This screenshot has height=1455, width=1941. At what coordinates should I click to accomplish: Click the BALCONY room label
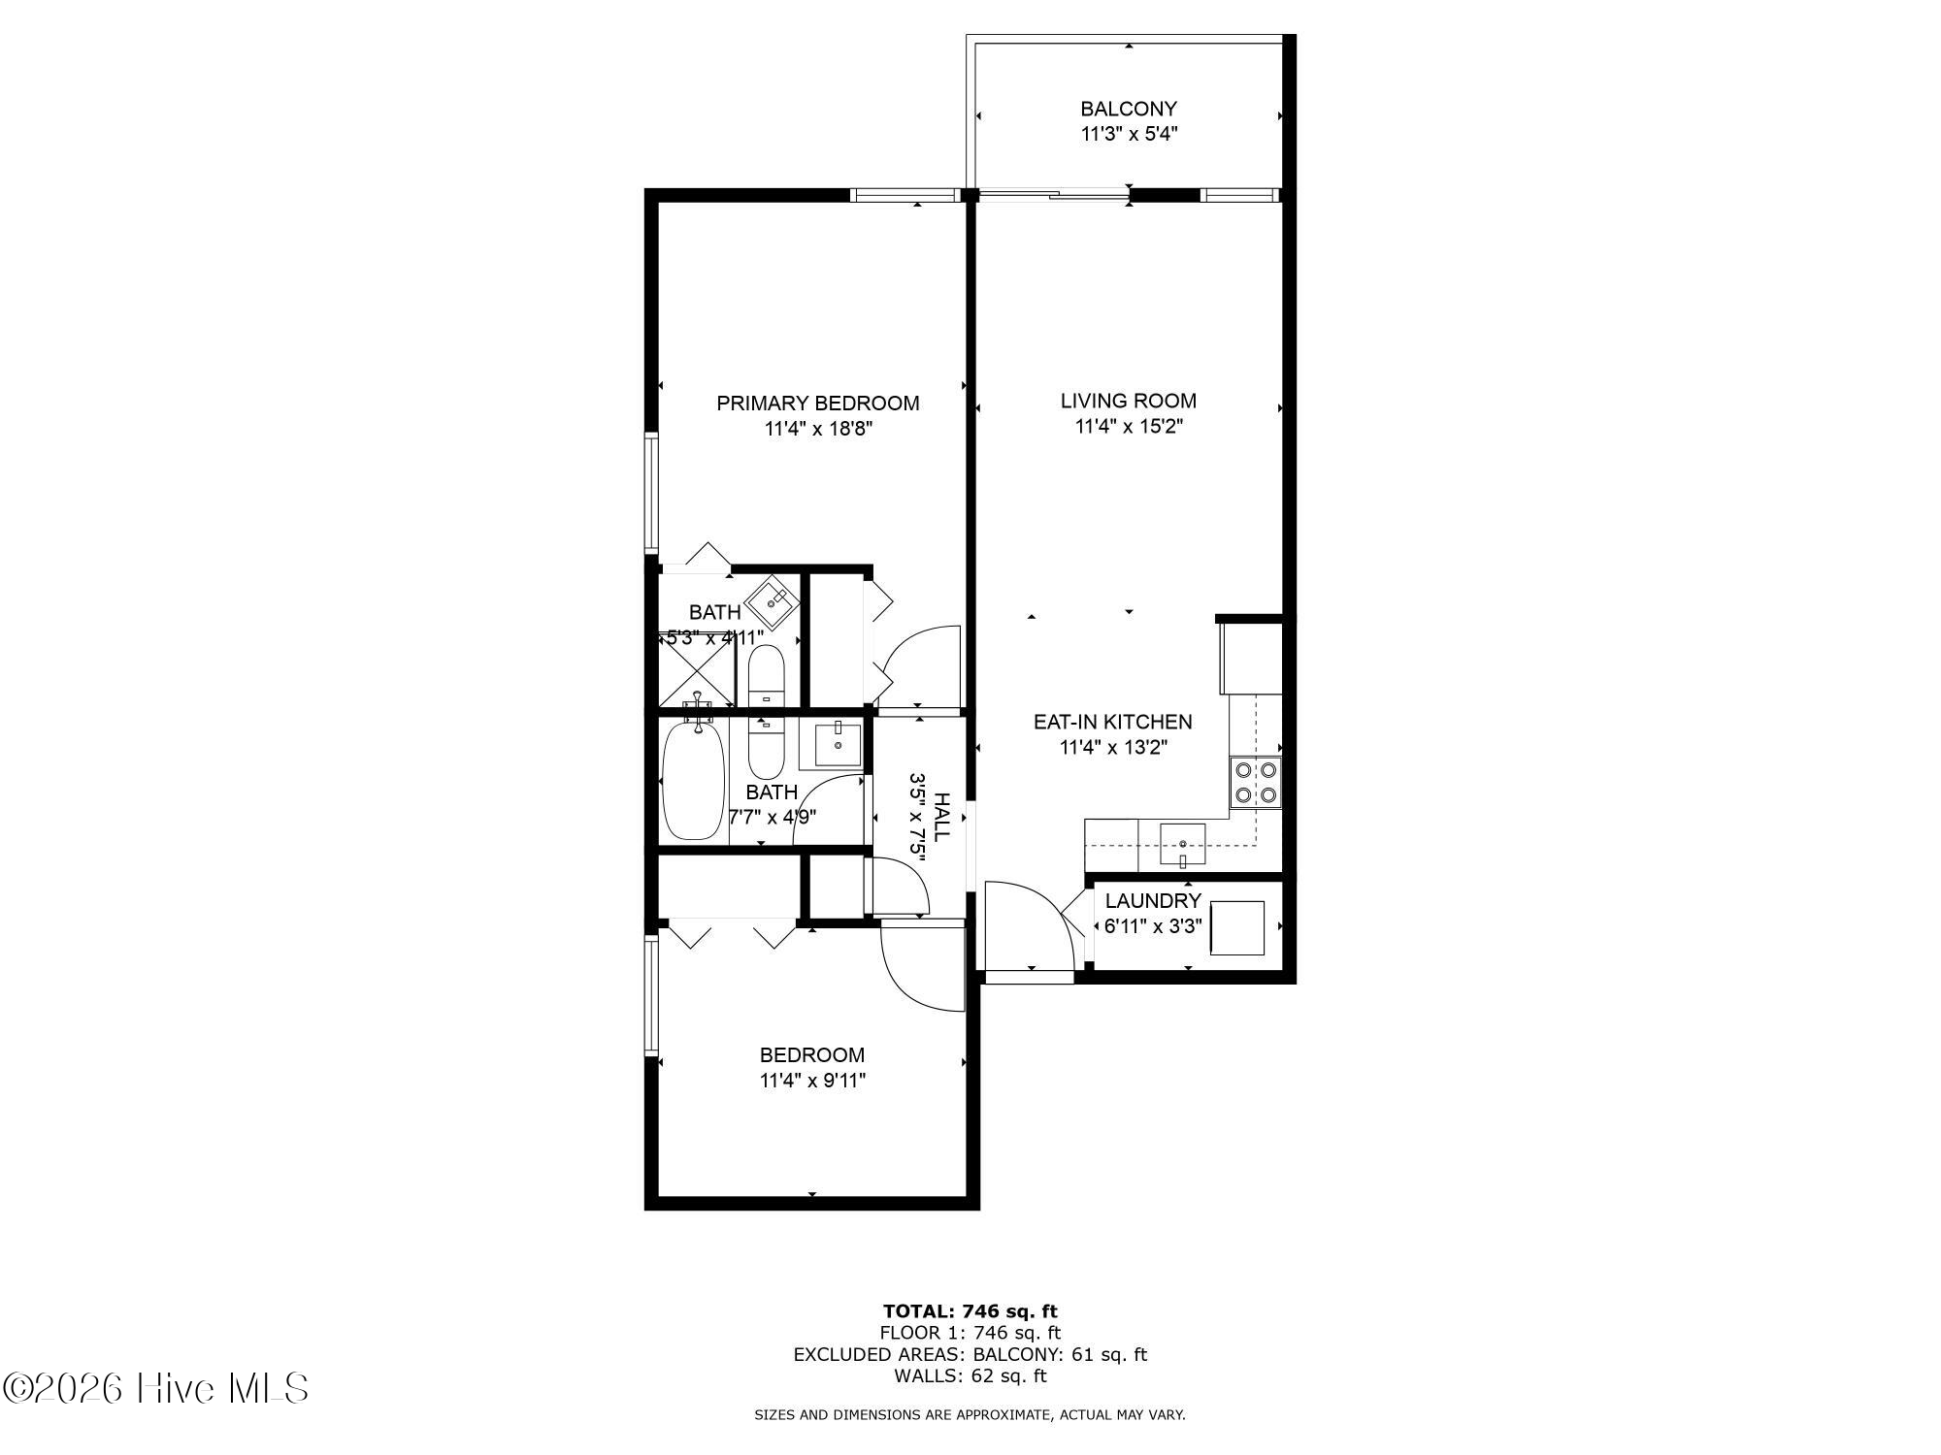pos(1129,109)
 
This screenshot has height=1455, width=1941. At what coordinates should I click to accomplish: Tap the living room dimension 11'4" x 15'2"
pos(1129,426)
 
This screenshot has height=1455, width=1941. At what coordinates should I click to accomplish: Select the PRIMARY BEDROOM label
pos(818,403)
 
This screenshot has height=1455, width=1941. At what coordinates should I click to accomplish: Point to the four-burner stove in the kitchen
pos(1256,783)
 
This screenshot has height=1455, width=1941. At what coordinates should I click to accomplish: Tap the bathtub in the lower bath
pos(694,782)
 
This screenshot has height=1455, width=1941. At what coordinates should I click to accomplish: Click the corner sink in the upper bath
pos(773,602)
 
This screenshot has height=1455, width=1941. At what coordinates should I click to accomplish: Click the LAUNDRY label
pos(1153,900)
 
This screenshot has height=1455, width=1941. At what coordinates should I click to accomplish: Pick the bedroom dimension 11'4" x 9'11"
pos(812,1081)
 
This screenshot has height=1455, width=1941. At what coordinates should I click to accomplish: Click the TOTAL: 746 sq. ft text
pos(970,1311)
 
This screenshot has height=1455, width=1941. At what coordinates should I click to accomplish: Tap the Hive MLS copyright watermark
pos(155,1388)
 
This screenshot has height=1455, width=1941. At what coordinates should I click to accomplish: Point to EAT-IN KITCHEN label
pos(1112,722)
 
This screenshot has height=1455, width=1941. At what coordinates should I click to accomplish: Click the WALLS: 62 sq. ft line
pos(970,1375)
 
